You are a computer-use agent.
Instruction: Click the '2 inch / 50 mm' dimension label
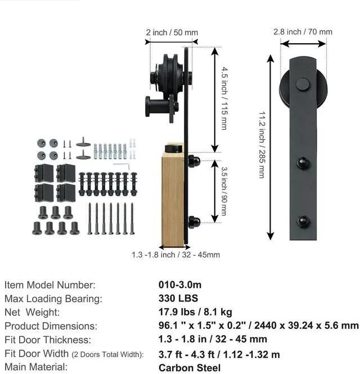coord(172,33)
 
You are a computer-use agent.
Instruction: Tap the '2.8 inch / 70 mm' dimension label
coord(303,31)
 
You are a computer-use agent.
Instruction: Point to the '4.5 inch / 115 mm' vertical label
coord(224,98)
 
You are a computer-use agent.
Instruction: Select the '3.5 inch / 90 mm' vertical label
coord(224,191)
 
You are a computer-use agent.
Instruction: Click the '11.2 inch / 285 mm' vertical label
coord(262,145)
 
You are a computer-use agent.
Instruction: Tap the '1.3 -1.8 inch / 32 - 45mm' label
coord(176,255)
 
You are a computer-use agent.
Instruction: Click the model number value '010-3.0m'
coord(180,285)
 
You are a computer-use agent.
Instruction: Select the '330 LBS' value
coord(178,298)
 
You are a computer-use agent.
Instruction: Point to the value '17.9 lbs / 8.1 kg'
coord(195,312)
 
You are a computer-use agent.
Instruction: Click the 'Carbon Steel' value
coord(190,368)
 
